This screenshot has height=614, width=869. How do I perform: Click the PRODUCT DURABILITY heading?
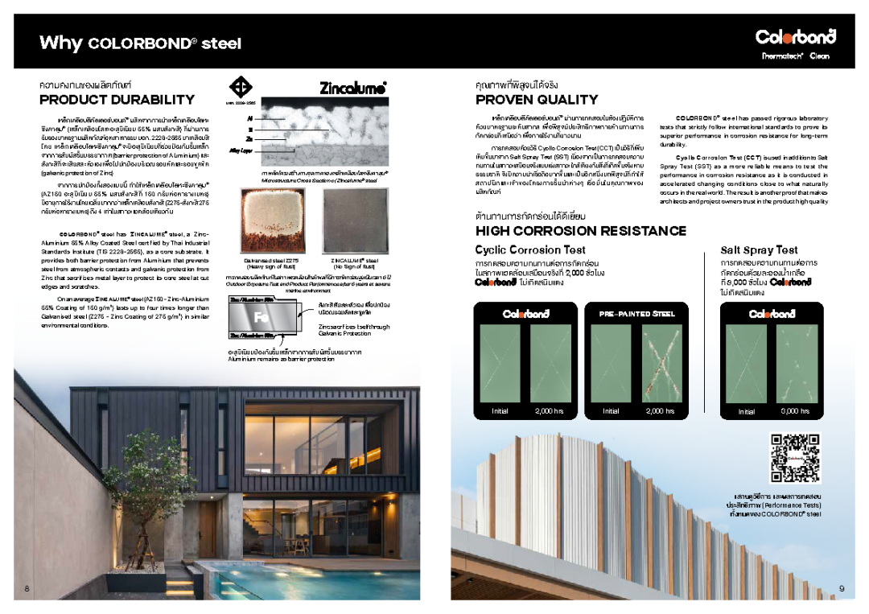(117, 100)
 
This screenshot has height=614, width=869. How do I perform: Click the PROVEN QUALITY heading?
(537, 100)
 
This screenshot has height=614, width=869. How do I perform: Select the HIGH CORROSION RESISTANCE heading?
(580, 231)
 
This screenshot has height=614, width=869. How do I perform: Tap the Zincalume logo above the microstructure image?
(353, 88)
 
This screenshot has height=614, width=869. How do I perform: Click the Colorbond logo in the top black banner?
(795, 37)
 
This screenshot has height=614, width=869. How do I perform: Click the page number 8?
(27, 589)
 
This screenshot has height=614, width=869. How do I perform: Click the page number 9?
(842, 589)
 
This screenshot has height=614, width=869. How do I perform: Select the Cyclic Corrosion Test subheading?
(530, 250)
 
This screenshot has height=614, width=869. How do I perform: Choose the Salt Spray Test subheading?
(759, 250)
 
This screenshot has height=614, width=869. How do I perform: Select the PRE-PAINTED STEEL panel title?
(636, 314)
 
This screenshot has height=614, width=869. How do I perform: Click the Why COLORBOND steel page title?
(140, 43)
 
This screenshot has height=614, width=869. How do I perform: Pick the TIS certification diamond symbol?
(241, 88)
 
